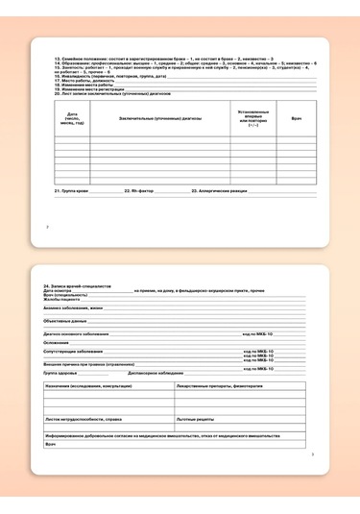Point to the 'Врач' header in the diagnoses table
click(x=296, y=119)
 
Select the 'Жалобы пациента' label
click(x=66, y=300)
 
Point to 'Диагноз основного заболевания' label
click(x=83, y=334)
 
